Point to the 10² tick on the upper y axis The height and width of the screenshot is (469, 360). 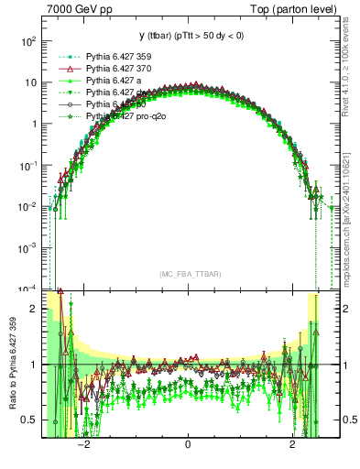pos(29,41)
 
